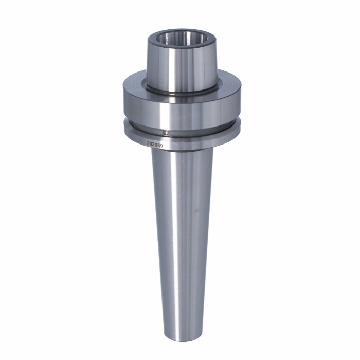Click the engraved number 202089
coord(155,145)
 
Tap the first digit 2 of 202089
coord(148,143)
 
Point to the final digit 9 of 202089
coord(161,146)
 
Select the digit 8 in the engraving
coord(159,145)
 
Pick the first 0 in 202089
coord(151,144)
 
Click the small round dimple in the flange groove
coord(165,133)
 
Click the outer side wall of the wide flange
coord(182,110)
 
